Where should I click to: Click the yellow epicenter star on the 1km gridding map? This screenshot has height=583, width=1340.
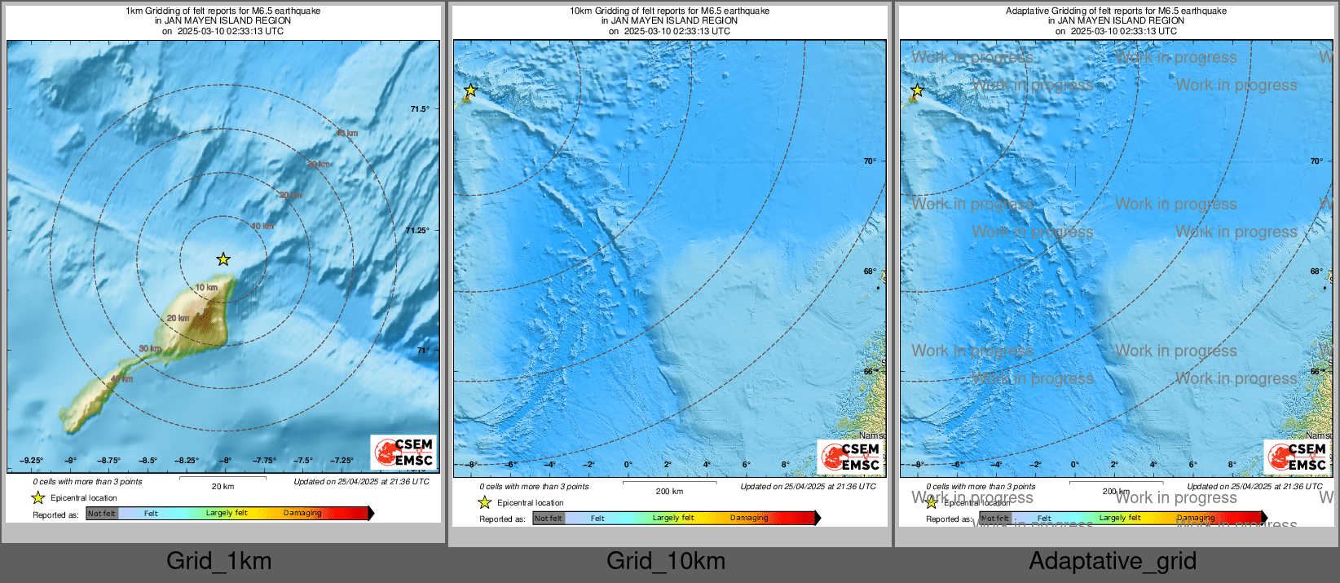223,259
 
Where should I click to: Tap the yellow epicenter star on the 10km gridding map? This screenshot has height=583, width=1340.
470,91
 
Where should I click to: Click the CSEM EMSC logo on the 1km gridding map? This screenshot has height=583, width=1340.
404,453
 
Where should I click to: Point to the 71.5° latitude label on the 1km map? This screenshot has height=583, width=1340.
419,109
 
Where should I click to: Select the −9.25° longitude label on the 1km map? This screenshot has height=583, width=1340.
31,461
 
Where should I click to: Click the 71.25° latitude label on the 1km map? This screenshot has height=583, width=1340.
417,231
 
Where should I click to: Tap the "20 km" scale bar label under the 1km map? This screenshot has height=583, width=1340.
223,487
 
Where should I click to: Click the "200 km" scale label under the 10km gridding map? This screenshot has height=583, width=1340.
669,492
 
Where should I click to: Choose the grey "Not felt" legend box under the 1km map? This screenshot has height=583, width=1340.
102,514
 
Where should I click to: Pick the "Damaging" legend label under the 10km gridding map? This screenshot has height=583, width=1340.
749,518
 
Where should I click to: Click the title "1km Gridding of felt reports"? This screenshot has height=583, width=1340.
223,11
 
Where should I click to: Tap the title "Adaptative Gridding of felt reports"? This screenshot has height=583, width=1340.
1116,11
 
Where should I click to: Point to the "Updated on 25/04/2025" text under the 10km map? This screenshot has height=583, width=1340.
808,487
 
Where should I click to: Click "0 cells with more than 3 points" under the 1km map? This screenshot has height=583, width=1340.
87,482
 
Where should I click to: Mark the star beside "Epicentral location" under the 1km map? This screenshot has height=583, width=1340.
38,497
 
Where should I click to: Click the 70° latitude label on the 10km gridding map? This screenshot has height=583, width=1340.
870,161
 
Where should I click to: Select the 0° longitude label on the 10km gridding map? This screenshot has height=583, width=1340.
628,465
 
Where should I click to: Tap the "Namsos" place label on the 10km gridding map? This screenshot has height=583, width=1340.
872,436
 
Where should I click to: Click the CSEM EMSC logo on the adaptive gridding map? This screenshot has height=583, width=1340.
1297,457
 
